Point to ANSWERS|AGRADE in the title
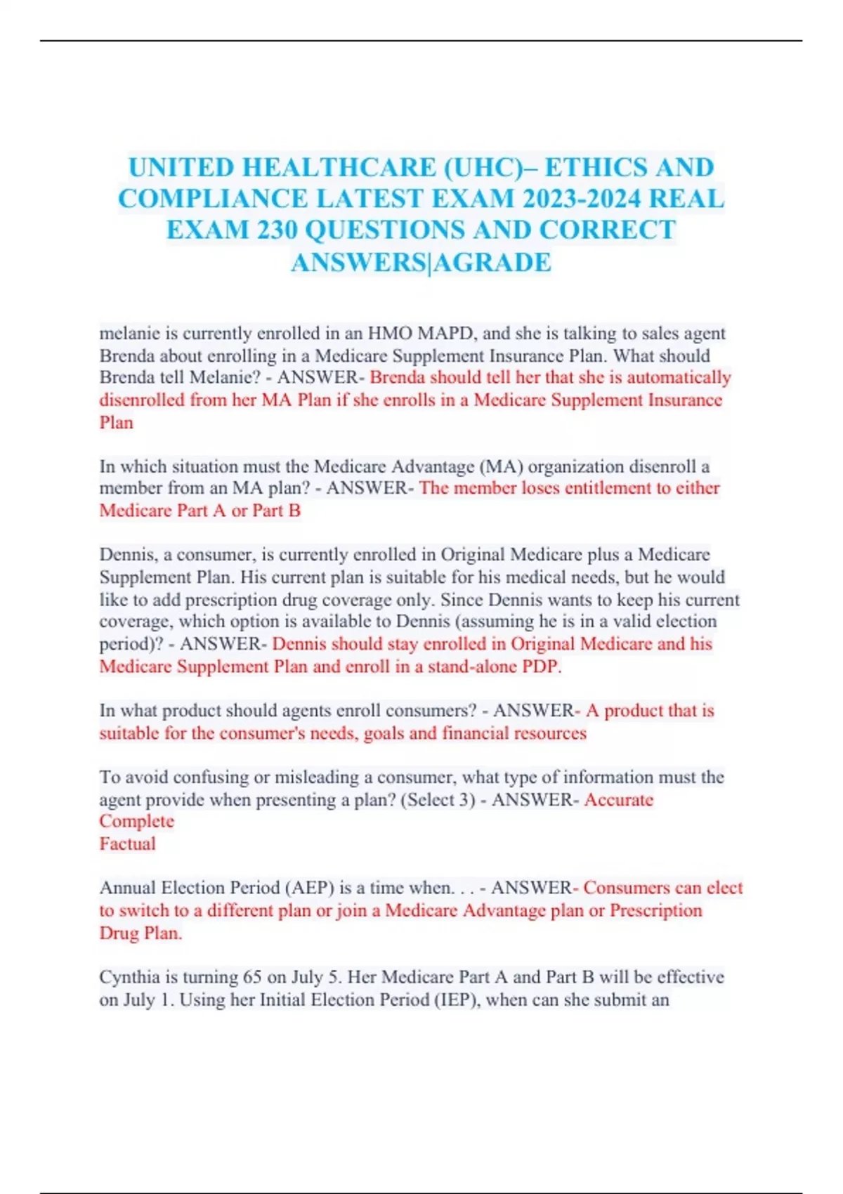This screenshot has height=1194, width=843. click(x=421, y=263)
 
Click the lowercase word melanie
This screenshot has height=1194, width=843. click(x=130, y=333)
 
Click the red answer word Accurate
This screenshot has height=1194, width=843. click(x=618, y=799)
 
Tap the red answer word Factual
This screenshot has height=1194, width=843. click(x=127, y=844)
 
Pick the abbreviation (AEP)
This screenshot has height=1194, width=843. click(x=310, y=888)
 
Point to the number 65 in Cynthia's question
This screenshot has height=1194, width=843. click(x=252, y=977)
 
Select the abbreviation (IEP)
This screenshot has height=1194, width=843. click(x=451, y=999)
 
